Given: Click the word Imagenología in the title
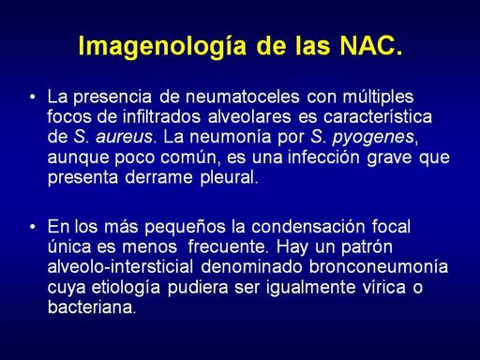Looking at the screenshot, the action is coord(162,46).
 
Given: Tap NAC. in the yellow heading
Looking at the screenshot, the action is coord(371,46).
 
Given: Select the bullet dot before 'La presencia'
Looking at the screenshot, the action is coord(33,97).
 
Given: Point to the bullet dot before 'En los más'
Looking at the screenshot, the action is coord(33,227).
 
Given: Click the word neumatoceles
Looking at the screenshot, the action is coord(243,97).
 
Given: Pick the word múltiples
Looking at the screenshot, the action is coord(378,97).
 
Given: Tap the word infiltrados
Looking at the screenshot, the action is coord(161,116).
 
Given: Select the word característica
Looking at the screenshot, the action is coord(378,116).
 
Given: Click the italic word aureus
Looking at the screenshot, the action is coord(124,137).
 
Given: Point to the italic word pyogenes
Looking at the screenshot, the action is coord(373,138).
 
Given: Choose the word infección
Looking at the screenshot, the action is coord(323,157).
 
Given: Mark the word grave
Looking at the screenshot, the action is coord(389,158).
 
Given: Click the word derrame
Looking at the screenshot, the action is coord(158,177).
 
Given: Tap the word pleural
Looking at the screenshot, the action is coord(229,178).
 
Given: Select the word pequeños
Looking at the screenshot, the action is coord(185,228).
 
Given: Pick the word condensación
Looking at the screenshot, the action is coord(308,227).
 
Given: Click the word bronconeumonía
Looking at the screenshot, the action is coord(379,266).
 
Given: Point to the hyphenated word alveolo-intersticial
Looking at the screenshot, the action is coord(120,266).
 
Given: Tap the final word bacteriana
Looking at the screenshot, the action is coord(92,307).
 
